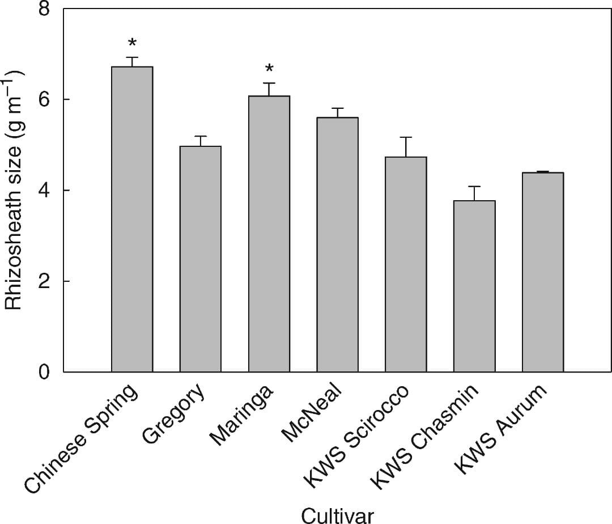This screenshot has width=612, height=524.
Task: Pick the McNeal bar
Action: click(x=338, y=244)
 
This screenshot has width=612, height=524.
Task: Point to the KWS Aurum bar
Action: click(x=543, y=272)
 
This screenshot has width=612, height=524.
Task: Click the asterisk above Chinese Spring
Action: click(x=132, y=43)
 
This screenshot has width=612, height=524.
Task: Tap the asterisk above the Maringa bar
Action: click(x=269, y=69)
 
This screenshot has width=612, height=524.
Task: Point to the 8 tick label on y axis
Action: click(x=44, y=10)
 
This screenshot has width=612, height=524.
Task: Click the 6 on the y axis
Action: click(x=44, y=100)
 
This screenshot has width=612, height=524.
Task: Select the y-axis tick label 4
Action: click(x=44, y=191)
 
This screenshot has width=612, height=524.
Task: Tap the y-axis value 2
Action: click(x=44, y=281)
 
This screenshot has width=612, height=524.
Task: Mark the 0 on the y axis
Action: click(x=44, y=372)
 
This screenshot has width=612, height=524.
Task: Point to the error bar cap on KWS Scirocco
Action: click(x=406, y=137)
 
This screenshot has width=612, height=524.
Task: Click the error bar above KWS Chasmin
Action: click(x=474, y=193)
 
